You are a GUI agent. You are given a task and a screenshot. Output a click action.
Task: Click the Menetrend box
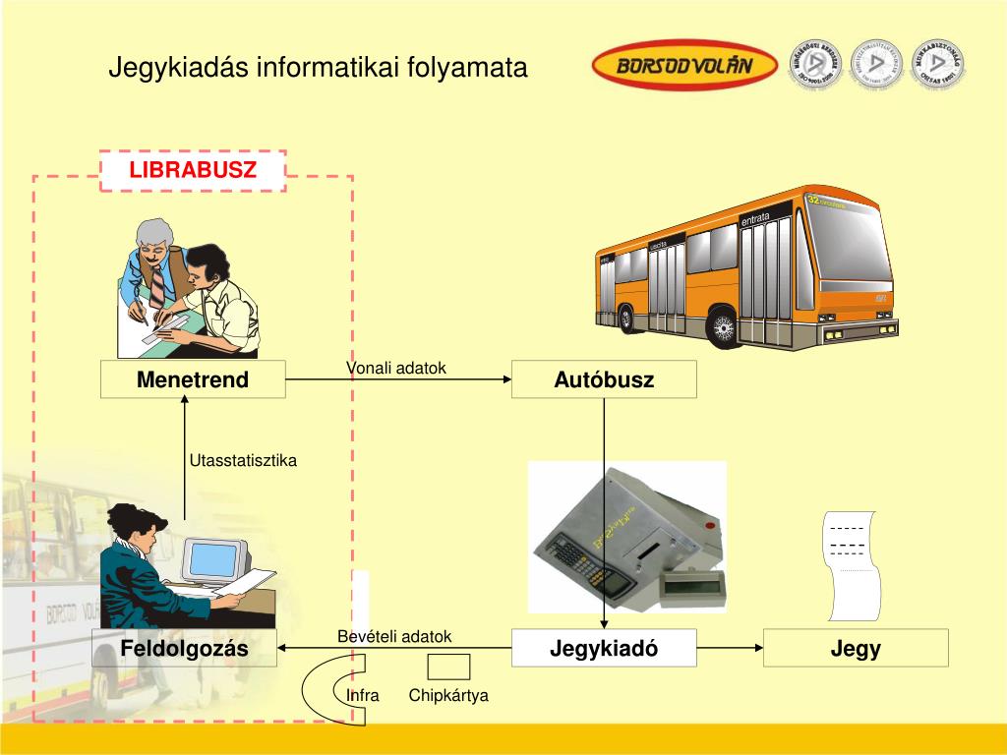pyautogui.click(x=193, y=379)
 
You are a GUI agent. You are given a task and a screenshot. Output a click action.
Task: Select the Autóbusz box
pyautogui.click(x=604, y=379)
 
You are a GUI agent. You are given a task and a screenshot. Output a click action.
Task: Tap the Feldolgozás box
pyautogui.click(x=185, y=649)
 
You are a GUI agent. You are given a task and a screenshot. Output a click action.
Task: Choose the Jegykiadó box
pyautogui.click(x=604, y=649)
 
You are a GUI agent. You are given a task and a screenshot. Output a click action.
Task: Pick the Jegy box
pyautogui.click(x=856, y=649)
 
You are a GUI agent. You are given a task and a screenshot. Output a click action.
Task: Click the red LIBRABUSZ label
pyautogui.click(x=193, y=170)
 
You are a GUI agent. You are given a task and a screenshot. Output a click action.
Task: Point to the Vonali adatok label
pyautogui.click(x=395, y=368)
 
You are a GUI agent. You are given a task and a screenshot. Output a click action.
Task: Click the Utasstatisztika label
pyautogui.click(x=243, y=460)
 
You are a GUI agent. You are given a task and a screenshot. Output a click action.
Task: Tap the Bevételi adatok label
pyautogui.click(x=394, y=636)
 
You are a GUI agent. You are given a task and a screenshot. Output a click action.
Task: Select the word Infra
pyautogui.click(x=363, y=695)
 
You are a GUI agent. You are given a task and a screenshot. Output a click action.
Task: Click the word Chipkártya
pyautogui.click(x=448, y=695)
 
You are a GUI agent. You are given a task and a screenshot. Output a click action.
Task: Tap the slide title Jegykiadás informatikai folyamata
pyautogui.click(x=318, y=68)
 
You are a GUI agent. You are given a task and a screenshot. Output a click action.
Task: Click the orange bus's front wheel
pyautogui.click(x=725, y=326)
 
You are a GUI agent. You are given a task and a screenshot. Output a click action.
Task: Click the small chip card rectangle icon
pyautogui.click(x=448, y=668)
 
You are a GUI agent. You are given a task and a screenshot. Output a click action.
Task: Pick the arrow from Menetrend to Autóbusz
pyautogui.click(x=398, y=379)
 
